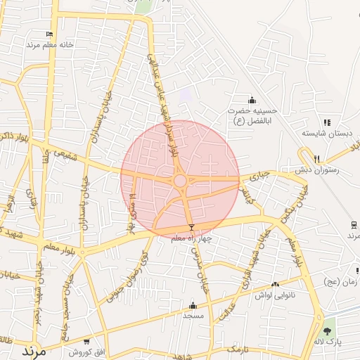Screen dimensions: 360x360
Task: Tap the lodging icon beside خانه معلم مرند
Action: coord(49,34)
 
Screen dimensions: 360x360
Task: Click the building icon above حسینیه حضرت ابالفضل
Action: coord(252,100)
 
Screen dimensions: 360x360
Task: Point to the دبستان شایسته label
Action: coord(326,133)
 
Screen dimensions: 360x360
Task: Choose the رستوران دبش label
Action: coord(317,169)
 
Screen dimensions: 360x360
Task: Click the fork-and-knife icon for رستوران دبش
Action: coord(317,159)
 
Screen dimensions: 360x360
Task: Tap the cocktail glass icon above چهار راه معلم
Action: coord(191,227)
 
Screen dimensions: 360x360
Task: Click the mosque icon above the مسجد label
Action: coord(193,305)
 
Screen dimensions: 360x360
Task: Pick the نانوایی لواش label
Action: coord(274,296)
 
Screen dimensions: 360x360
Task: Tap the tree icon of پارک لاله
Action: coord(328,330)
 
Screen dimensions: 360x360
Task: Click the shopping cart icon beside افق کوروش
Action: coord(86,342)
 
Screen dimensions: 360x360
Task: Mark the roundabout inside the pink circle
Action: coord(180,181)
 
